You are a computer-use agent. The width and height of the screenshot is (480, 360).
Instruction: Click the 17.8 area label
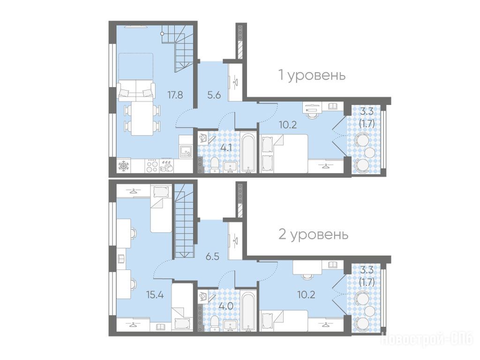pyautogui.click(x=175, y=95)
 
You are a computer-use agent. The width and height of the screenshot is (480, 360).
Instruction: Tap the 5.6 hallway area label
pyautogui.click(x=214, y=95)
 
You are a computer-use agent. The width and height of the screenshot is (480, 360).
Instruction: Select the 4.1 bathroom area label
pyautogui.click(x=226, y=148)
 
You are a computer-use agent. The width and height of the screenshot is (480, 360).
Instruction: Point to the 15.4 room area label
pyautogui.click(x=155, y=295)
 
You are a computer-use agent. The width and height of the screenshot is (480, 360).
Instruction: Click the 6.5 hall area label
pyautogui.click(x=212, y=256)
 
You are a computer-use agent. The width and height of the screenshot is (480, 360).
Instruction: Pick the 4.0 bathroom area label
pyautogui.click(x=226, y=306)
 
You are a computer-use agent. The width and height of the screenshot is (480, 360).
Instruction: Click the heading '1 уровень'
pyautogui.click(x=312, y=75)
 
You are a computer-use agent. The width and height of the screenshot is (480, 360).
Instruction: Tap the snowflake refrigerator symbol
pyautogui.click(x=123, y=166)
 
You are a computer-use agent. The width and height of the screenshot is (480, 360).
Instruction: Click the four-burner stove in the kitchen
pyautogui.click(x=152, y=166)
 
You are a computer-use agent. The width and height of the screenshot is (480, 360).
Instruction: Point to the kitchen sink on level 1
pyautogui.click(x=186, y=152)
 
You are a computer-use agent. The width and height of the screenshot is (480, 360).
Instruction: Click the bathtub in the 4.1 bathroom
pyautogui.click(x=248, y=152)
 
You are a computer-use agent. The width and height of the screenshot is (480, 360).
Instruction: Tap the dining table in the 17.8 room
pyautogui.click(x=142, y=118)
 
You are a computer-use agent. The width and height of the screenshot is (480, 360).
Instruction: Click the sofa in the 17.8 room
pyautogui.click(x=135, y=90)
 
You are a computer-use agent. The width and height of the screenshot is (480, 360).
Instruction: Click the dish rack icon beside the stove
pyautogui.click(x=166, y=166)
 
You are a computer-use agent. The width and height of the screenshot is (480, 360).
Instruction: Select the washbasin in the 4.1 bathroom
pyautogui.click(x=230, y=167)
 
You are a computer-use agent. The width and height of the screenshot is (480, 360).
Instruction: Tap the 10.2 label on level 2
pyautogui.click(x=306, y=295)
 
